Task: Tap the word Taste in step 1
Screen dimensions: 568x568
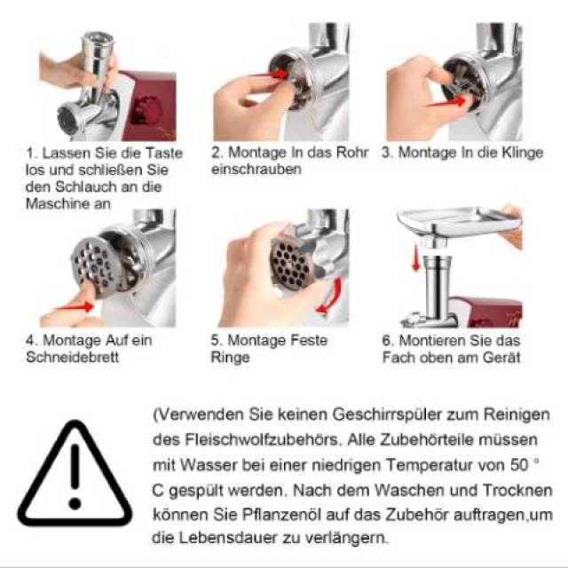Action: [x=164, y=153]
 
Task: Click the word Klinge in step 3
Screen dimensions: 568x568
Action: [x=522, y=153]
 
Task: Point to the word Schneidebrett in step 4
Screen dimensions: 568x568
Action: [x=73, y=357]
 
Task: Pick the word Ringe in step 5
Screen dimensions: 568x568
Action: [x=231, y=358]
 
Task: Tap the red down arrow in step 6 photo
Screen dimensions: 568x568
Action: [x=416, y=257]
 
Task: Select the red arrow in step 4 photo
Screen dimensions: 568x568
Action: [x=75, y=307]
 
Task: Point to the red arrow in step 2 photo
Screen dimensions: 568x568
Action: [x=271, y=74]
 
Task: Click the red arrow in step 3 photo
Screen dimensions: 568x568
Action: [x=446, y=102]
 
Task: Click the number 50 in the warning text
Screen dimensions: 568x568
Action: [x=518, y=465]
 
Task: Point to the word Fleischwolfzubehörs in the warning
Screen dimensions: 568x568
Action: [x=264, y=440]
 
